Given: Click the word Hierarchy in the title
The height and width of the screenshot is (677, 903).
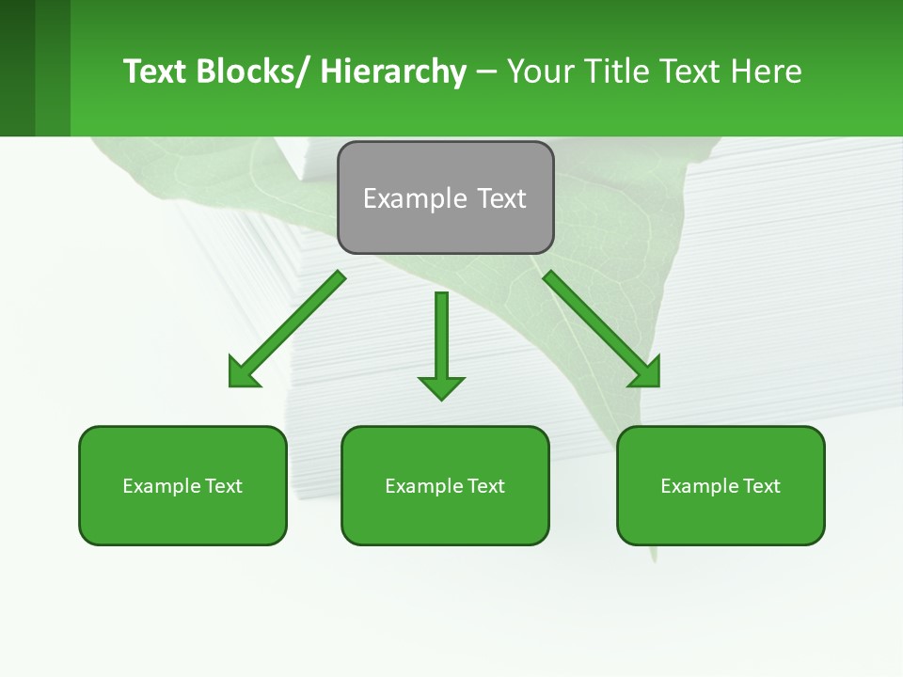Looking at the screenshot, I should pyautogui.click(x=393, y=71).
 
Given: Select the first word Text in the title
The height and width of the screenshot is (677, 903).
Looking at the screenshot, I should pyautogui.click(x=155, y=71).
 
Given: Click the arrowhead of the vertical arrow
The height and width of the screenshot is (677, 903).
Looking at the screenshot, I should pyautogui.click(x=441, y=387).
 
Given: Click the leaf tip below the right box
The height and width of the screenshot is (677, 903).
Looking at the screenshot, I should pyautogui.click(x=654, y=556).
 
